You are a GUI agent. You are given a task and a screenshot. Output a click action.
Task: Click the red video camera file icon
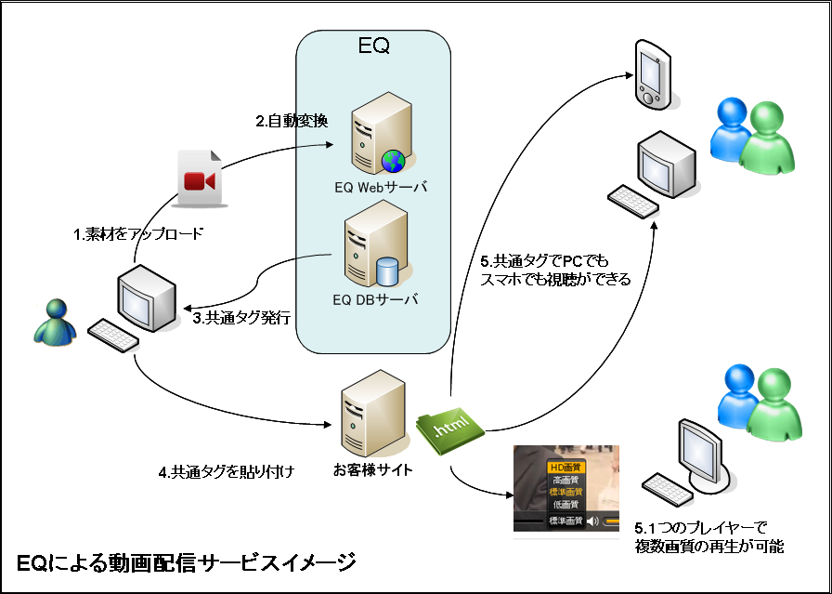200,178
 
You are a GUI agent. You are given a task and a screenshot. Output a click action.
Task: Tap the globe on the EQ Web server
393,161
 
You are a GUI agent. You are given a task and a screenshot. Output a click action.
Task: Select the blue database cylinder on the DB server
387,271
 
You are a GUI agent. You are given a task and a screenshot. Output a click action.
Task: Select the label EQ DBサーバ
375,300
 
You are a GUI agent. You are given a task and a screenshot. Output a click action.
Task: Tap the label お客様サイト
373,469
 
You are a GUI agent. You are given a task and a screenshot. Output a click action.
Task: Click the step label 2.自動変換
292,122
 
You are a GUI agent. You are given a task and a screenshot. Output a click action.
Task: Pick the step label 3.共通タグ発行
243,318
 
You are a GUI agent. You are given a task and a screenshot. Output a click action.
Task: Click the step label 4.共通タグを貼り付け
226,472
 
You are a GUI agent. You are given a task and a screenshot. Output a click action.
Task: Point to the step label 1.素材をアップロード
138,233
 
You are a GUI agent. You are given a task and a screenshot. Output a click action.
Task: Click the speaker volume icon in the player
593,521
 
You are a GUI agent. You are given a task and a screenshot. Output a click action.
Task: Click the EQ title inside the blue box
373,46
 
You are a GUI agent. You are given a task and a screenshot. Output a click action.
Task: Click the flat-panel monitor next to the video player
700,455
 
